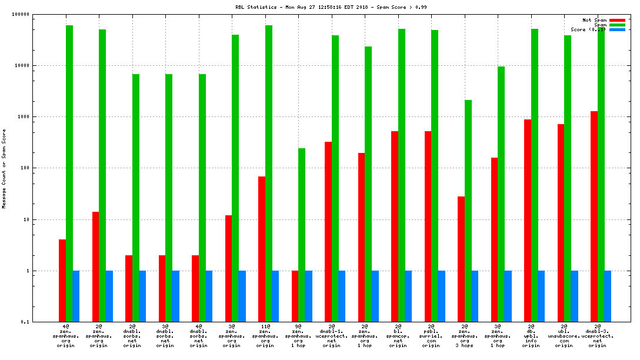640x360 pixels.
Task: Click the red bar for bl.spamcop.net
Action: (395, 226)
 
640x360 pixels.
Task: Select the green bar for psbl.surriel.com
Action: (435, 176)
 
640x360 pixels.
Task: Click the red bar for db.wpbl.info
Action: (528, 221)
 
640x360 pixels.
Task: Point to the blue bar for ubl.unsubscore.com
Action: (574, 296)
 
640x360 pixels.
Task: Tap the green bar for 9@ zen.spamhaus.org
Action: (302, 235)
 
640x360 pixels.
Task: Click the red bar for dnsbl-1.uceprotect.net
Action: (328, 232)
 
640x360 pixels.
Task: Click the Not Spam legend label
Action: (594, 20)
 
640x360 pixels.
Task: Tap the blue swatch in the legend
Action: (617, 29)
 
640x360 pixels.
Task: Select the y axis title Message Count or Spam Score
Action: (4, 168)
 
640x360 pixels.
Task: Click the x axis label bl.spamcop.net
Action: (398, 335)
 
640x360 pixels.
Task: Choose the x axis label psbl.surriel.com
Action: (431, 335)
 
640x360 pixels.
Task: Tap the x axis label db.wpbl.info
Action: (531, 335)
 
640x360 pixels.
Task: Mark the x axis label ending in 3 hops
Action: (465, 335)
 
